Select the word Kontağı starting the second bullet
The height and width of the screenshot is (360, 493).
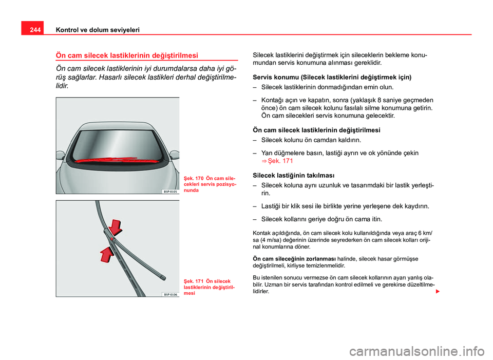274,100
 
